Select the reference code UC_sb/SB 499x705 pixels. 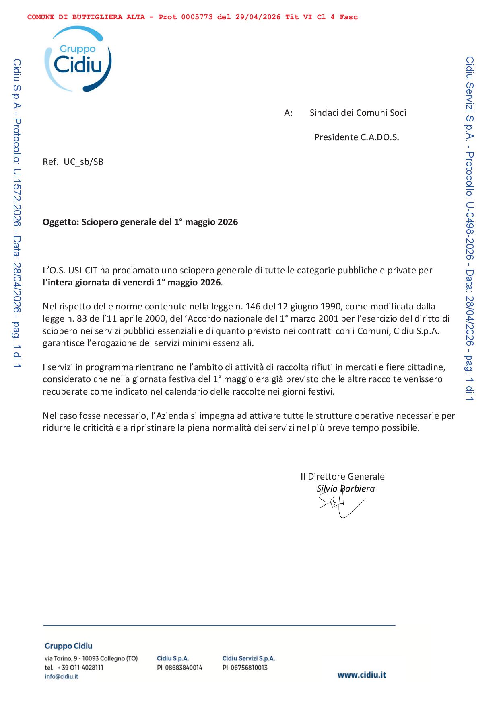coord(84,162)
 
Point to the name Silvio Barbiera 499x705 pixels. coord(345,489)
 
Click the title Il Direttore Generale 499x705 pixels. coord(342,477)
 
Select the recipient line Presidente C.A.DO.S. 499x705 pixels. coord(357,137)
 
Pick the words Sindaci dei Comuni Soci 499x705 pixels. coord(358,113)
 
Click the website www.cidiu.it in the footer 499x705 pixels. coord(361,675)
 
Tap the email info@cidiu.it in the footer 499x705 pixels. coord(62,676)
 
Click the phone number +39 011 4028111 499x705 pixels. coord(80,668)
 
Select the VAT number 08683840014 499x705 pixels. coord(184,668)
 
